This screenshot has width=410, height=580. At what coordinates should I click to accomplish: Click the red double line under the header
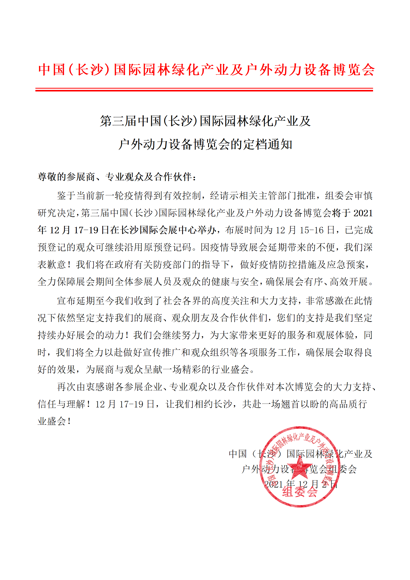(x=204, y=90)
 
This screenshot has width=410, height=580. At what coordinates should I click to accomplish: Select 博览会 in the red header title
(x=354, y=70)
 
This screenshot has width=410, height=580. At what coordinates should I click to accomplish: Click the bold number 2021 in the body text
(x=363, y=213)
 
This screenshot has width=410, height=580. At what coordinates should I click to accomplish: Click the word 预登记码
(x=168, y=247)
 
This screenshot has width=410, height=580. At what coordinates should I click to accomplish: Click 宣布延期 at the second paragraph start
(x=76, y=301)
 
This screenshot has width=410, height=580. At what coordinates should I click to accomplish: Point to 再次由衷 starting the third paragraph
(x=76, y=387)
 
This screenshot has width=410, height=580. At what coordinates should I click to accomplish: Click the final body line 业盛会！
(x=54, y=421)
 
